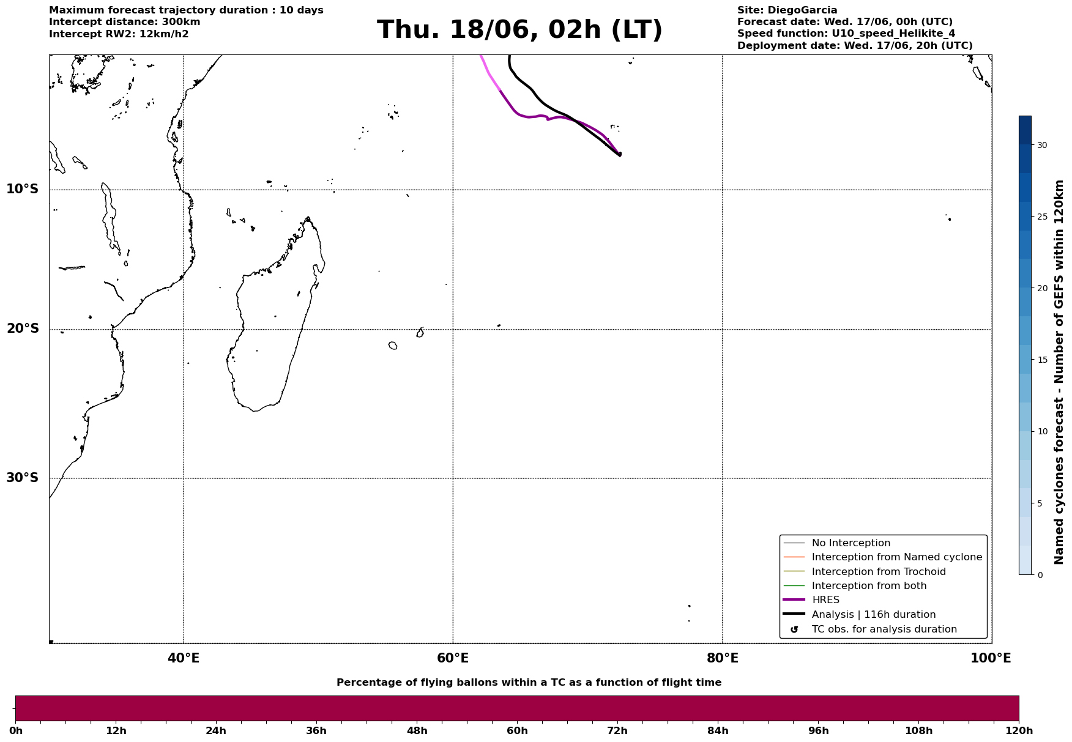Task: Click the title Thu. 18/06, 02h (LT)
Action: point(519,30)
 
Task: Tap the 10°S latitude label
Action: point(22,189)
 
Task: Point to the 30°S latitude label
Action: point(22,478)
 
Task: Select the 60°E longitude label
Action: point(453,658)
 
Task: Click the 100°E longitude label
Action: point(991,658)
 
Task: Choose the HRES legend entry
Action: point(825,600)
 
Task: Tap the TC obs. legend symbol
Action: point(794,629)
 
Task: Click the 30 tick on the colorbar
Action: point(1041,145)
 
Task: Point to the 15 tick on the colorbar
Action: point(1041,360)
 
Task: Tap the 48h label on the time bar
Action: point(417,731)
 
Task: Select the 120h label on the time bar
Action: point(1019,731)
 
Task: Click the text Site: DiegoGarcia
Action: point(787,10)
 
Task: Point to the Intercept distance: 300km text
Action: point(125,22)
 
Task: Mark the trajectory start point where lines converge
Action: point(620,154)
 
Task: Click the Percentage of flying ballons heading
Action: point(529,683)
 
